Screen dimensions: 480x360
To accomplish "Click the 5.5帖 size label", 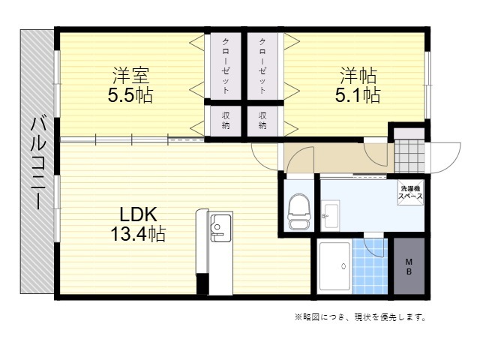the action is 130,95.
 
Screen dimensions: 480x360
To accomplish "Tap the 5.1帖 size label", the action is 358,95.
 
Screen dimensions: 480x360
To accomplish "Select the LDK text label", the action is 138,214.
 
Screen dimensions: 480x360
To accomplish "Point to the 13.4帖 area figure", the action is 138,234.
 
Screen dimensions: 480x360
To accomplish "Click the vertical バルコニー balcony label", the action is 38,163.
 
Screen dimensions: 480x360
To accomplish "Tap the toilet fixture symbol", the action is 299,211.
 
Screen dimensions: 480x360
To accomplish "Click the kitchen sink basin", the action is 220,225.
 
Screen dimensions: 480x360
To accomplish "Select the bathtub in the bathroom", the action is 334,266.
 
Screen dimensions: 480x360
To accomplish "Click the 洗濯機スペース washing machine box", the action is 410,193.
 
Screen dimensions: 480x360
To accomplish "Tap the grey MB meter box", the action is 409,266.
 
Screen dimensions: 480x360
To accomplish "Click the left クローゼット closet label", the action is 226,66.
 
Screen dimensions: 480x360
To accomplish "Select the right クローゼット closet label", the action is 262,66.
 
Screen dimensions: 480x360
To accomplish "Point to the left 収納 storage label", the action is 226,120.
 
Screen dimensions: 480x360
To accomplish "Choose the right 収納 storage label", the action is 262,120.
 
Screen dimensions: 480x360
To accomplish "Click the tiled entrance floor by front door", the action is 409,157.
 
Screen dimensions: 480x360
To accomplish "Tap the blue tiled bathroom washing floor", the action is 370,266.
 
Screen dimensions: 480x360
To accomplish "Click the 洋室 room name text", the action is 131,75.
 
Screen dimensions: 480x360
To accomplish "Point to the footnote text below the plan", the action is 360,317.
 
